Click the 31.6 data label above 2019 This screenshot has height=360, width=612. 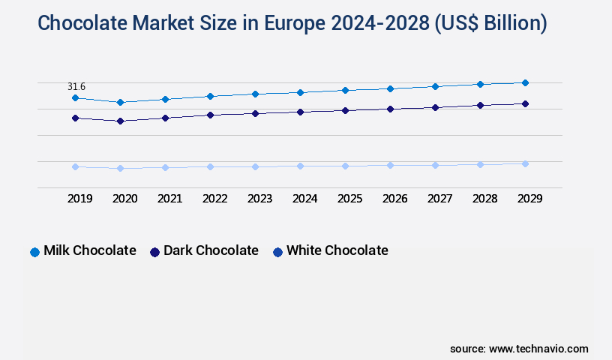[x=76, y=87]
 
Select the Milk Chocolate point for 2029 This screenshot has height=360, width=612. [x=525, y=82]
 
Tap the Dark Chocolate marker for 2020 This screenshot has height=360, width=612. [x=120, y=121]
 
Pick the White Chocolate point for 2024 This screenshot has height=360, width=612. [x=300, y=166]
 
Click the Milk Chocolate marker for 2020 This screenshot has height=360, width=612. [x=120, y=102]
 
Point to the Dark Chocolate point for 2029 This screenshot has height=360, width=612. [x=525, y=103]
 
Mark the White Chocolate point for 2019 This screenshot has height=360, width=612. [x=75, y=166]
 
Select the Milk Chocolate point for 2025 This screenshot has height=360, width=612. [x=345, y=90]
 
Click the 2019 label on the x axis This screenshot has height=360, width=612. [x=79, y=199]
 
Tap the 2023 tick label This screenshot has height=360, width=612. [x=259, y=199]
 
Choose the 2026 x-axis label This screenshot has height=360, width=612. [x=394, y=199]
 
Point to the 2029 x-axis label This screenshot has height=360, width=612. [x=529, y=199]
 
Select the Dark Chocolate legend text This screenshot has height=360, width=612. [x=211, y=250]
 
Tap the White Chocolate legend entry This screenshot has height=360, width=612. [x=337, y=250]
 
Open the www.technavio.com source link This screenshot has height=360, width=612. [x=538, y=349]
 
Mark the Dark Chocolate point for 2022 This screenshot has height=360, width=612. [x=210, y=115]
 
